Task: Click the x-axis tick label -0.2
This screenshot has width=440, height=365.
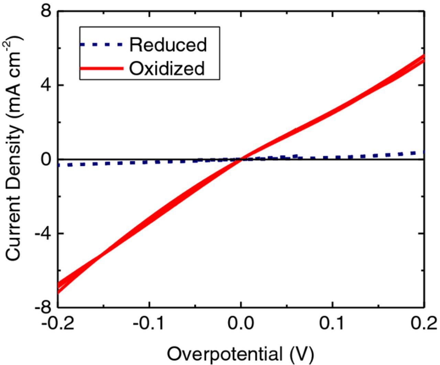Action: [x=58, y=323]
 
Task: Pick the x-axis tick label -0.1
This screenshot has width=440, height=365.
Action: [x=149, y=323]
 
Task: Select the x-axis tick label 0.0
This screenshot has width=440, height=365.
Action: [x=241, y=323]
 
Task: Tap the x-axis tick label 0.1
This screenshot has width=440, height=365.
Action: [x=332, y=323]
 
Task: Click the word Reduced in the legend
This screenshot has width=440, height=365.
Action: [x=168, y=45]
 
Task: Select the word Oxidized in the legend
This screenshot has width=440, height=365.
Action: [x=167, y=68]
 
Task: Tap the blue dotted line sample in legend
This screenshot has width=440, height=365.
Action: [x=101, y=44]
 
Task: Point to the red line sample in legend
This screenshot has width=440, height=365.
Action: [x=101, y=68]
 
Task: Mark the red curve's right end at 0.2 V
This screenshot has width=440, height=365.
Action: [x=424, y=58]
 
